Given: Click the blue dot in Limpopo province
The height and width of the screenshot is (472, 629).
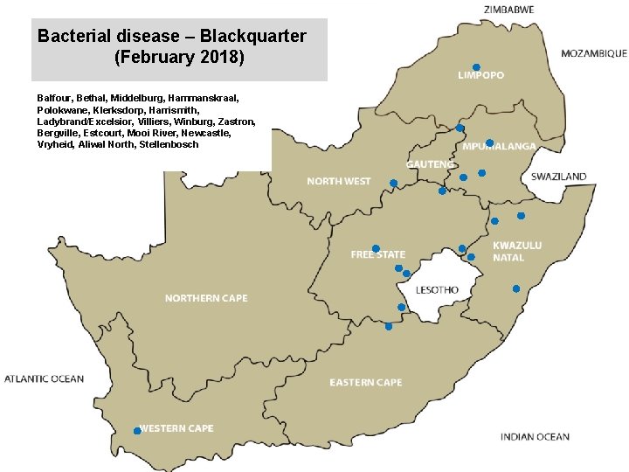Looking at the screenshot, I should point(476,67).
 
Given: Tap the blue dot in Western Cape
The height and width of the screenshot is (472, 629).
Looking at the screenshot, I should point(137,431).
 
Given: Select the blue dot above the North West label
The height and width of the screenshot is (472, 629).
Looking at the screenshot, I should point(393,183).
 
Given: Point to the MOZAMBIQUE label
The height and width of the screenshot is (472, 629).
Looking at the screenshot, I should point(593,53).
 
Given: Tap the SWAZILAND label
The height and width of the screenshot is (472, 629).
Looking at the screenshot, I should point(558,177).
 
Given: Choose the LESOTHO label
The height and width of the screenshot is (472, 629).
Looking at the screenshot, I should point(437,289).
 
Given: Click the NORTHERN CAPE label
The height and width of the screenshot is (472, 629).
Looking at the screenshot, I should point(206,298).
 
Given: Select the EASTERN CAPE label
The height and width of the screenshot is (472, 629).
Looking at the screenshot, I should point(365,382).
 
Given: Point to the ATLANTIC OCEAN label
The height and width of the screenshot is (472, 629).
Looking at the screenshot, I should point(45,378).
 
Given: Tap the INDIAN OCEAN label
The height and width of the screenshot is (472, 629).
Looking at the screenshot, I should point(535,436).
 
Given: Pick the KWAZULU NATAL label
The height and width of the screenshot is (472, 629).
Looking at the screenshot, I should point(517,252).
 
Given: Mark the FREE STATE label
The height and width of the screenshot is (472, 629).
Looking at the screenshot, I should point(378,254).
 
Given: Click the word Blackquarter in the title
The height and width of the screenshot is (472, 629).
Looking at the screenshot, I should point(253,37).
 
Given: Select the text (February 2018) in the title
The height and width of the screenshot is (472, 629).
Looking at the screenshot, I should point(179,59).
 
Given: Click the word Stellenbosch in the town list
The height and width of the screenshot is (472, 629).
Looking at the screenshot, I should point(169,144).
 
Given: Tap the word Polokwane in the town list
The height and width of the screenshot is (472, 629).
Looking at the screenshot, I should point(63,110).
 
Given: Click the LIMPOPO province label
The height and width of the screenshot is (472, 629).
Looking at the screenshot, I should point(480,76).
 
